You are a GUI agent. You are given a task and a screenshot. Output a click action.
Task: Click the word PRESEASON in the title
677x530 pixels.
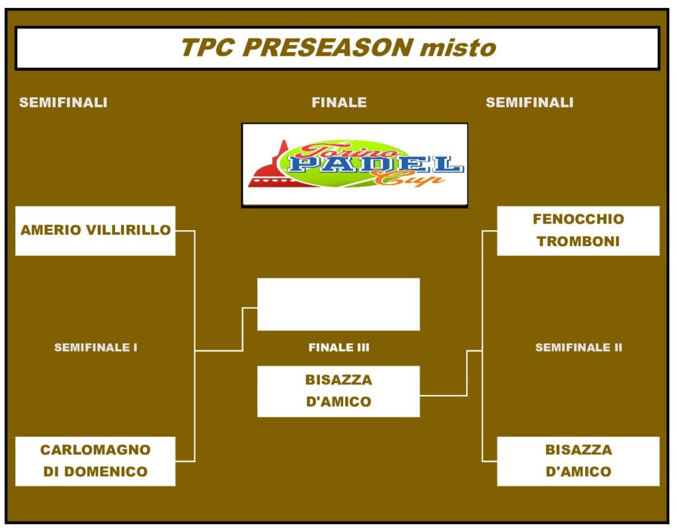[x=328, y=47]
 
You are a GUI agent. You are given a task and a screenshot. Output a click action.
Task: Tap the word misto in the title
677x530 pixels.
[x=458, y=47]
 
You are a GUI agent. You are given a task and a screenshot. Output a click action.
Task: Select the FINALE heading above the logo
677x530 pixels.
[x=339, y=103]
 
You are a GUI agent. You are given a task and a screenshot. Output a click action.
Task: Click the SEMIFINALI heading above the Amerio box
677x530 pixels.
[x=63, y=103]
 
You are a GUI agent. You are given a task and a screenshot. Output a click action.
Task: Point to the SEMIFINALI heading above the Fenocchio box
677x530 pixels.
[x=530, y=103]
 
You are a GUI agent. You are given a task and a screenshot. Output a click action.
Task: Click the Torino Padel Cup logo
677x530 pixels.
[x=355, y=165]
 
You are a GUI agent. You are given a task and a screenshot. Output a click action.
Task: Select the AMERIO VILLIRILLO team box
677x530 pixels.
[x=95, y=231]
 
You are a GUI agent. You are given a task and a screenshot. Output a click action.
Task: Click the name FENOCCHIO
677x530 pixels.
[x=578, y=219]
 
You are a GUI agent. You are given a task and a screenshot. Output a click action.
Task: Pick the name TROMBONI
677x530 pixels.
[x=578, y=241]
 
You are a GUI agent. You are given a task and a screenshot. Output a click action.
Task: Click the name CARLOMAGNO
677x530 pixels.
[x=95, y=450]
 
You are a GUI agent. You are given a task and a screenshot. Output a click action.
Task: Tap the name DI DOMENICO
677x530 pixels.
[x=95, y=472]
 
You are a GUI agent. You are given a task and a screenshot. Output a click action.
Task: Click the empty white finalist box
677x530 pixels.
[x=338, y=304]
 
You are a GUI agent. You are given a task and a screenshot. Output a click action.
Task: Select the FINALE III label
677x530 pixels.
[x=339, y=347]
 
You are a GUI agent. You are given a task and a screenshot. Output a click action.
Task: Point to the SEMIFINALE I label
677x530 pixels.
[x=96, y=347]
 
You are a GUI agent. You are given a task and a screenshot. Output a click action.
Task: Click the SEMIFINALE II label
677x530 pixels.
[x=578, y=347]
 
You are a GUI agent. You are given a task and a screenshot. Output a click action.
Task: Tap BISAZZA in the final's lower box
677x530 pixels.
[x=338, y=380]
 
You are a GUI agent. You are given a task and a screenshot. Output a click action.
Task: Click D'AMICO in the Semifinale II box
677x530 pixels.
[x=578, y=472]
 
